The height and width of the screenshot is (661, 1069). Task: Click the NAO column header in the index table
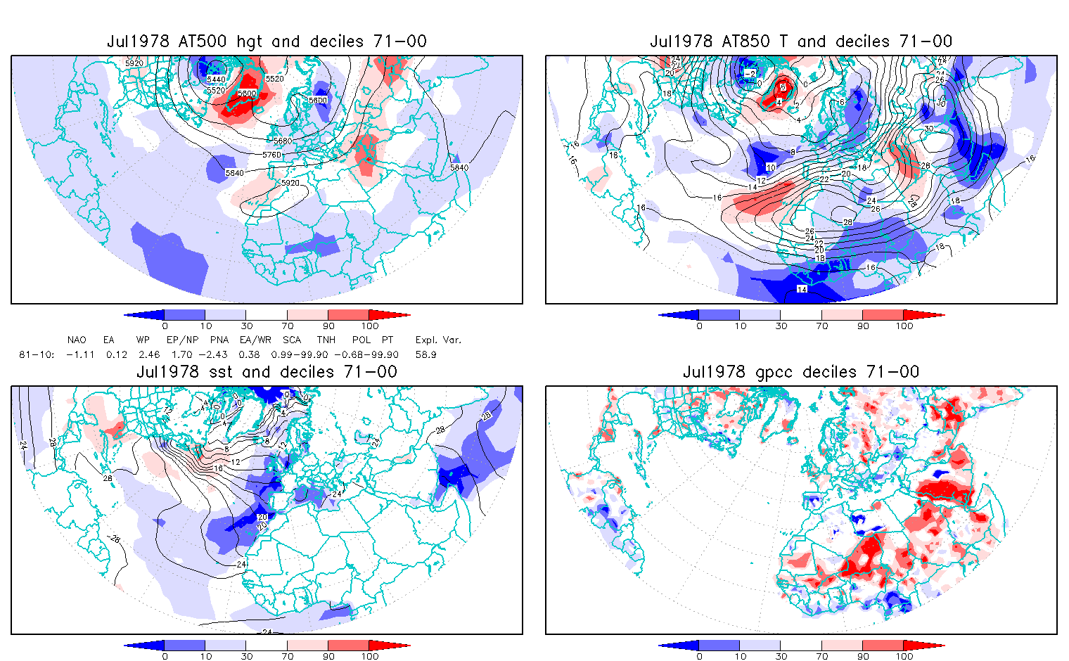point(77,340)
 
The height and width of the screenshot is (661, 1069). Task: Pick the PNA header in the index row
point(219,340)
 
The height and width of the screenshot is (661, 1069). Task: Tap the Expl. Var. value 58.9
point(425,355)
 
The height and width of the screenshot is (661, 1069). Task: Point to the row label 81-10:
point(37,355)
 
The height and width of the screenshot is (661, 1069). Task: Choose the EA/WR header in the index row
point(255,340)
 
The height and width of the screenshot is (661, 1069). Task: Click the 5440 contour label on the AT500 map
point(216,80)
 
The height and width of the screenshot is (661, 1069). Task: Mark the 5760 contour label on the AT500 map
point(271,155)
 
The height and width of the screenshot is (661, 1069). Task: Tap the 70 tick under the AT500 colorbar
point(287,326)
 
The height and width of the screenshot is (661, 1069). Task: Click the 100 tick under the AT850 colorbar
point(904,326)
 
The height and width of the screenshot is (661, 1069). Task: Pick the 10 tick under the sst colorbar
point(205,657)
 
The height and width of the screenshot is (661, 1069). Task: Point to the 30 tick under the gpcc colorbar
point(781,657)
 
